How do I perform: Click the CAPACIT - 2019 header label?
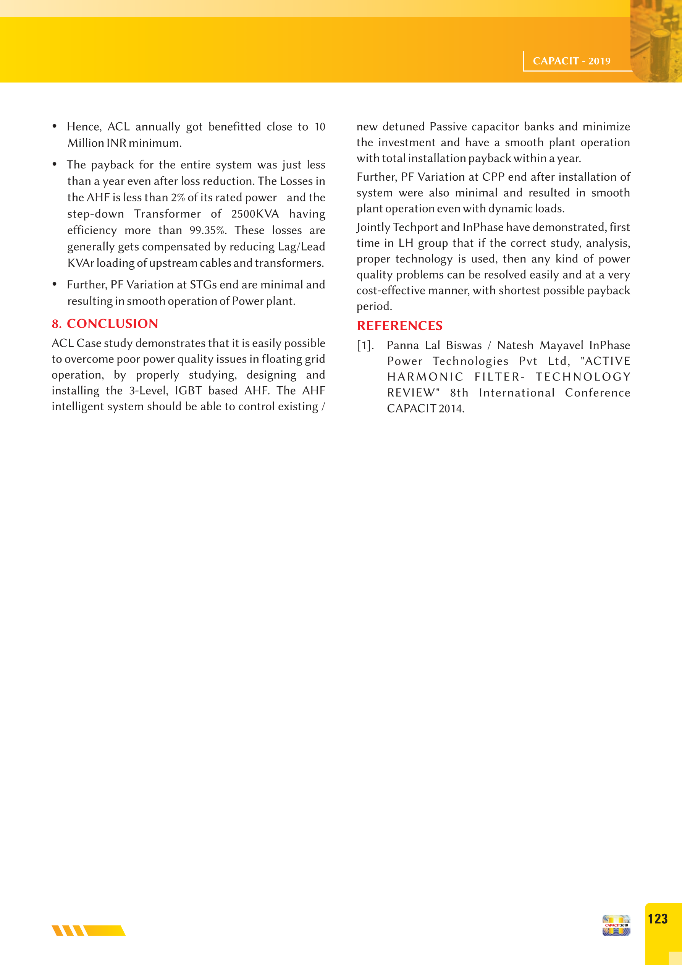point(572,61)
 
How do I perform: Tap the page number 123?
point(658,919)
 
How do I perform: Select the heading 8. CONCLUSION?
point(105,324)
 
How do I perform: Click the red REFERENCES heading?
point(400,326)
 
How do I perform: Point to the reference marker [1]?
point(365,345)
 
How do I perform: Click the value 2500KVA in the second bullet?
point(255,214)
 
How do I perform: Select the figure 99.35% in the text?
point(208,230)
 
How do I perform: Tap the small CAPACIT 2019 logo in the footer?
point(616,925)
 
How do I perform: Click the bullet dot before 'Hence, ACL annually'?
point(55,126)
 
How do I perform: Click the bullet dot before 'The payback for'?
point(55,164)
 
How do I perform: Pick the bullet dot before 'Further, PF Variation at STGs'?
point(55,285)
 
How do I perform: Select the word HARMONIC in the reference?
point(425,377)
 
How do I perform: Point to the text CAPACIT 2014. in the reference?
point(425,408)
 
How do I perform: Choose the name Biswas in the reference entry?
point(464,345)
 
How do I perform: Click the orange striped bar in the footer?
point(89,930)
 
